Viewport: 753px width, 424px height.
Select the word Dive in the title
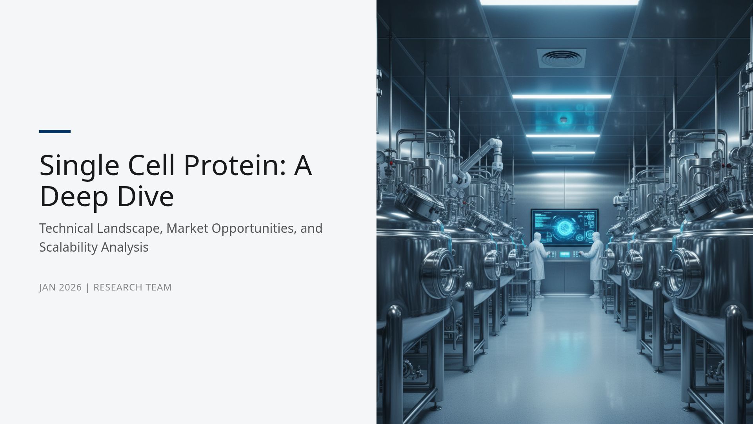click(146, 196)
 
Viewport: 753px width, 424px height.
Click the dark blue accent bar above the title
click(55, 132)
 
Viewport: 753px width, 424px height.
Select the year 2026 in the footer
click(70, 287)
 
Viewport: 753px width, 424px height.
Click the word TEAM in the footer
click(158, 287)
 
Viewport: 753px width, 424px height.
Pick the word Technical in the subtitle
click(66, 228)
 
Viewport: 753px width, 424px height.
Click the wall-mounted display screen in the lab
click(565, 227)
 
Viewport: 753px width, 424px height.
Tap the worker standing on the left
click(537, 263)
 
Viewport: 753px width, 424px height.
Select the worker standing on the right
click(595, 263)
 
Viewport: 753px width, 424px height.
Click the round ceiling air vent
click(561, 58)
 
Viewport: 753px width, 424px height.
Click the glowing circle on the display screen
click(565, 227)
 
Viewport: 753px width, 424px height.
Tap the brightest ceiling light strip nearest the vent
click(561, 96)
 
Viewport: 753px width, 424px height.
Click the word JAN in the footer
click(47, 287)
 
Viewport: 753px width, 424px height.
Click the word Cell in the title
click(151, 165)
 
